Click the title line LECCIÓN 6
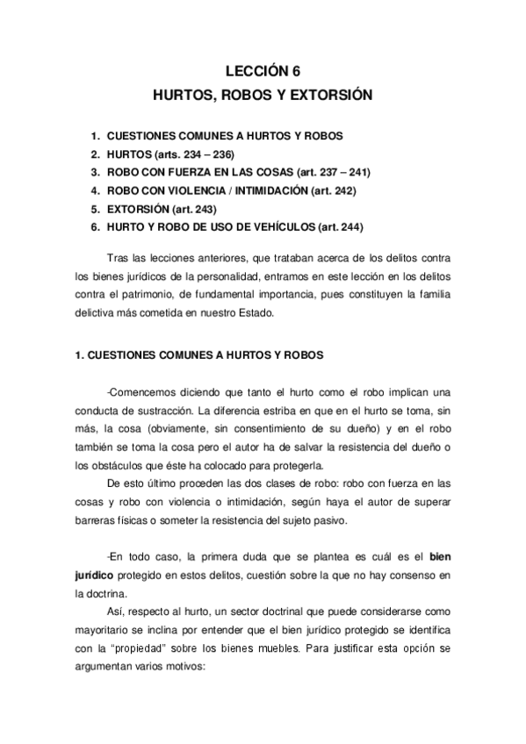(x=263, y=74)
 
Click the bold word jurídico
(x=94, y=575)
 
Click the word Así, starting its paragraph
(x=115, y=611)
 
